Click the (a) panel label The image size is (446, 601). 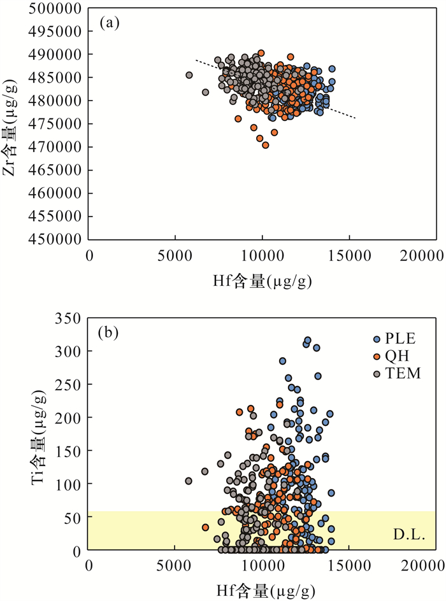[110, 24]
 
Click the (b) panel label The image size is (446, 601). [110, 332]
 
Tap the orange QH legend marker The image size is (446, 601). [377, 357]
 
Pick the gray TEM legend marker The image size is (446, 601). [377, 374]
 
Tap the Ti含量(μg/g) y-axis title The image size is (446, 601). [43, 433]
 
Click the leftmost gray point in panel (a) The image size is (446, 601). [189, 75]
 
